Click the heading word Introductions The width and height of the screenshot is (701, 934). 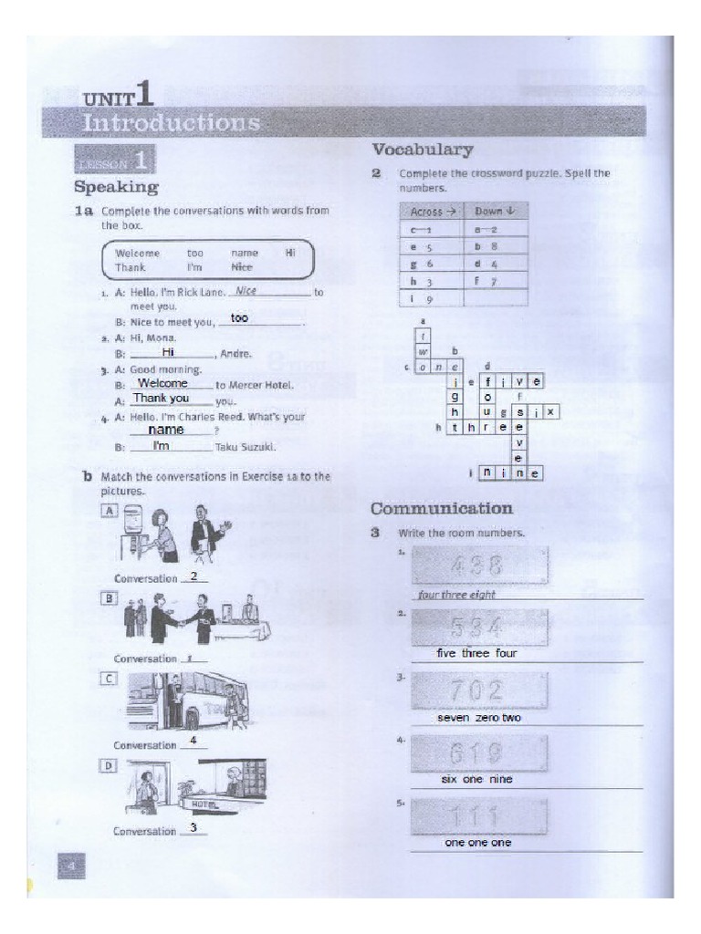click(171, 122)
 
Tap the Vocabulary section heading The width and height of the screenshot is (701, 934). click(422, 150)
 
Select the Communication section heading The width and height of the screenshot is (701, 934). click(441, 508)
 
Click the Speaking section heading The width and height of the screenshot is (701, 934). click(116, 187)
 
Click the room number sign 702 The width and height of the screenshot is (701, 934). click(480, 692)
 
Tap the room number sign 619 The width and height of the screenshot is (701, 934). click(480, 754)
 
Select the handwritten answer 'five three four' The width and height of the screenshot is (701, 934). click(477, 654)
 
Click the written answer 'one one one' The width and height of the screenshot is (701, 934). click(477, 843)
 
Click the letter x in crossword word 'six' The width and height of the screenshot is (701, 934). click(550, 412)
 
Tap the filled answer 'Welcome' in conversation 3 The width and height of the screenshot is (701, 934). click(162, 383)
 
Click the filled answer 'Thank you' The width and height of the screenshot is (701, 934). click(161, 399)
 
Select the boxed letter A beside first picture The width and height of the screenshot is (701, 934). click(110, 512)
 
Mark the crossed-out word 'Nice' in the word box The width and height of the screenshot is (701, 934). click(242, 267)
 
